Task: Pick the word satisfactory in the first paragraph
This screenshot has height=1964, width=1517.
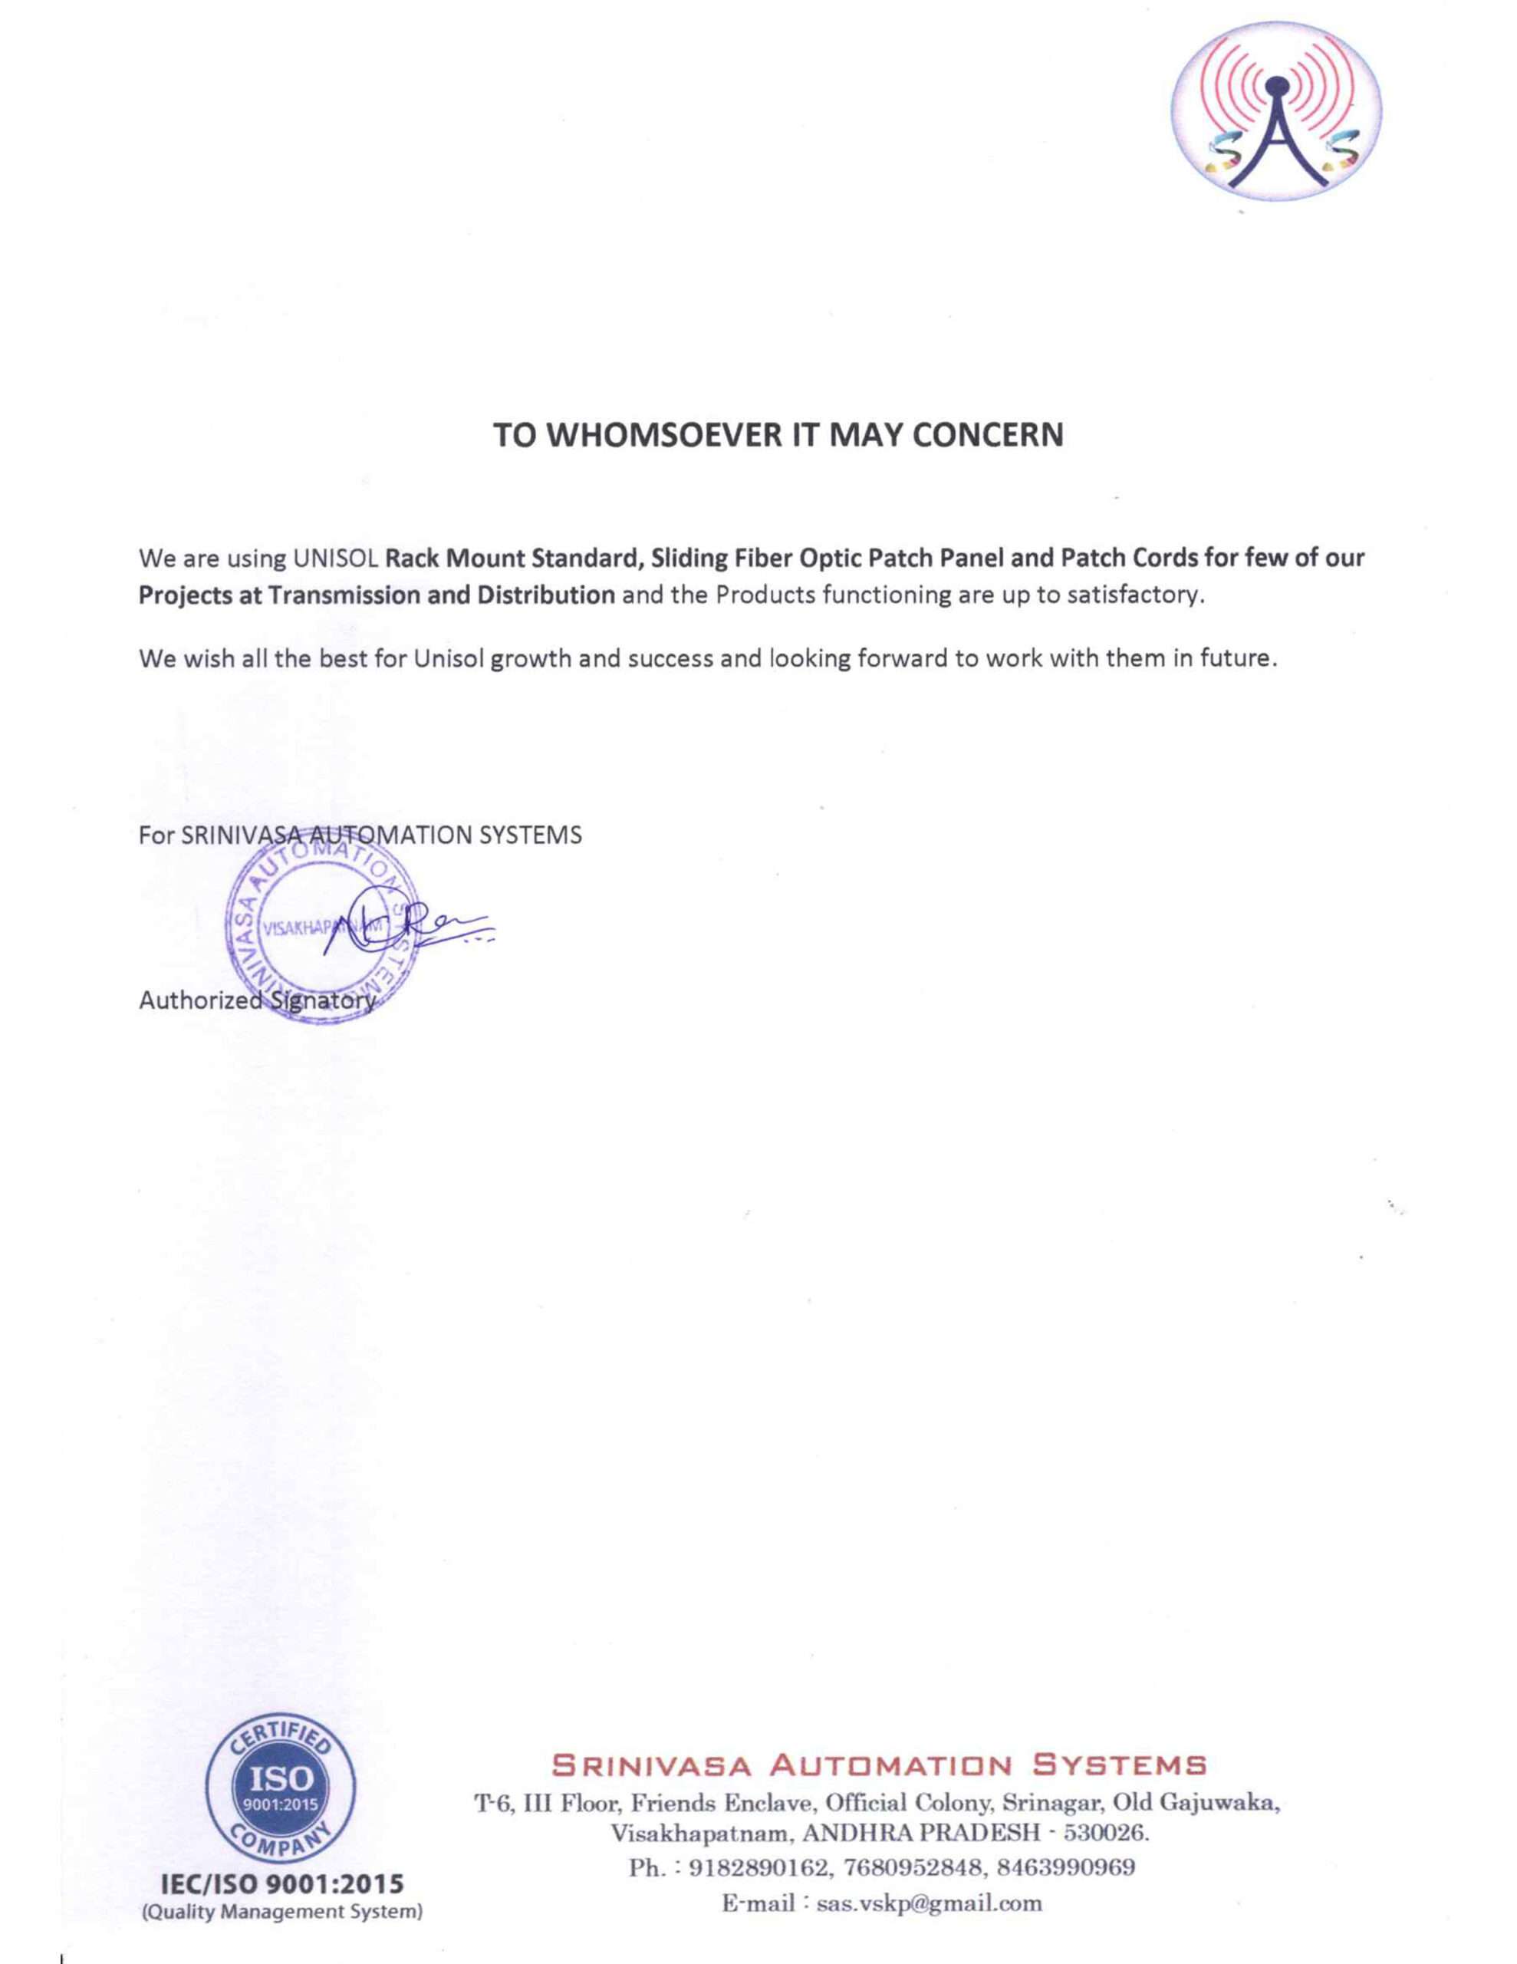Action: coord(1134,595)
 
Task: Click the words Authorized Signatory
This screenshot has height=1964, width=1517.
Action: coord(256,1000)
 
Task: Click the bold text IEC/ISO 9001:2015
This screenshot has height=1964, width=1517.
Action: coord(281,1884)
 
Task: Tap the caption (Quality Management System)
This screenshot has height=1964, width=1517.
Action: coord(281,1912)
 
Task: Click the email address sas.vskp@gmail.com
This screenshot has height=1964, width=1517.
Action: coord(929,1903)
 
